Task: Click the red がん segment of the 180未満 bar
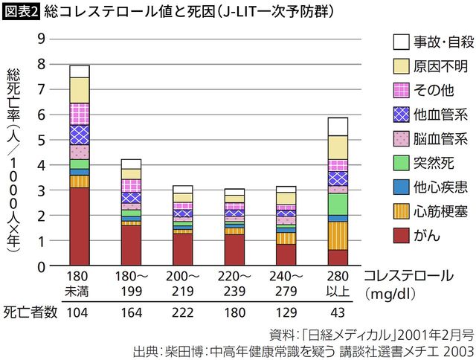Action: tap(80, 226)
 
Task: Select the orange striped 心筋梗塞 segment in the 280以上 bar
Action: tap(338, 235)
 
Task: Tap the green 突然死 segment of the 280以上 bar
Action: tap(338, 204)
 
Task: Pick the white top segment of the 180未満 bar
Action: tap(80, 71)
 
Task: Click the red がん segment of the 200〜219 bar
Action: tap(182, 249)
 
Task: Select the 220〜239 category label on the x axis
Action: tap(234, 283)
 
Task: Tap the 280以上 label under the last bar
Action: tap(338, 283)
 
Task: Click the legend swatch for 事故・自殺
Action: tap(402, 42)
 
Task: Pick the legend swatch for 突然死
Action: tap(402, 163)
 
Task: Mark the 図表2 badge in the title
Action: tap(20, 12)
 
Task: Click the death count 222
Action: tap(182, 312)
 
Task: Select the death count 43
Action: tap(338, 312)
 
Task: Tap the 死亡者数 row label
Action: tap(28, 312)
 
